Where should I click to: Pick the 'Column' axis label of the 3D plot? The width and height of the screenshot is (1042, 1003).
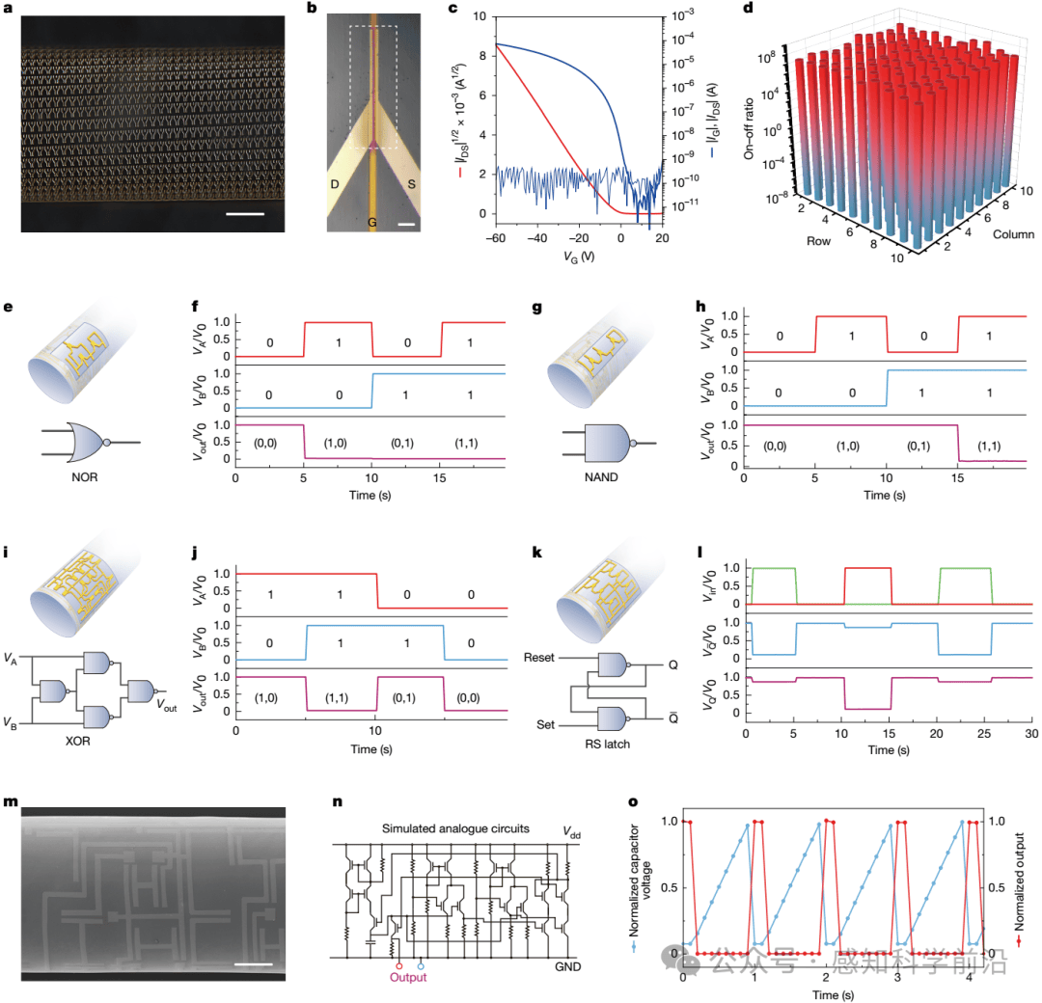click(1013, 233)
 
